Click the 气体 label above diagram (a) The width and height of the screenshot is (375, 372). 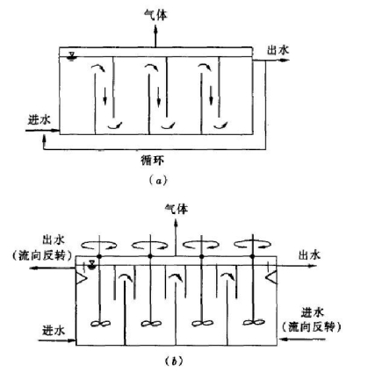click(156, 15)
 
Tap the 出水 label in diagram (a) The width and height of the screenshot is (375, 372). click(278, 50)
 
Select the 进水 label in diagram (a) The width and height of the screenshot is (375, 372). click(40, 120)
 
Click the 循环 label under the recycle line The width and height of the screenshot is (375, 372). click(153, 161)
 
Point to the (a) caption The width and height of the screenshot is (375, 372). click(158, 180)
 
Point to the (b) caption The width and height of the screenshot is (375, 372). click(174, 361)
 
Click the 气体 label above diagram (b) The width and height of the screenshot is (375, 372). click(177, 210)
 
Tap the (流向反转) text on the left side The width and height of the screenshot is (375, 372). click(42, 256)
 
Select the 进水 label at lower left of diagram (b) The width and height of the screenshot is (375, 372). click(54, 331)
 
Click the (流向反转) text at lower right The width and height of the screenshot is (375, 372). click(312, 326)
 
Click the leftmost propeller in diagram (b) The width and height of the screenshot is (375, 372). click(100, 324)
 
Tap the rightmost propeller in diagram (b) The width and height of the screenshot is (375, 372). click(254, 322)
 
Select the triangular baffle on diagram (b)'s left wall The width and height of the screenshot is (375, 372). click(81, 277)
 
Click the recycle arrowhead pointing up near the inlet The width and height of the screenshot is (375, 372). click(44, 137)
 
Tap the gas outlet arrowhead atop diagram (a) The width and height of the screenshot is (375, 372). click(155, 28)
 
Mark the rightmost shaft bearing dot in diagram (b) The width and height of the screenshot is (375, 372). click(253, 256)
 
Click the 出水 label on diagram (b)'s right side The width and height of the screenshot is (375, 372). click(309, 255)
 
